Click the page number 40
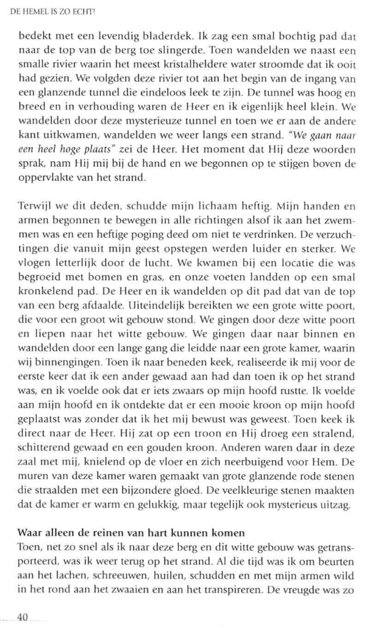(23, 617)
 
